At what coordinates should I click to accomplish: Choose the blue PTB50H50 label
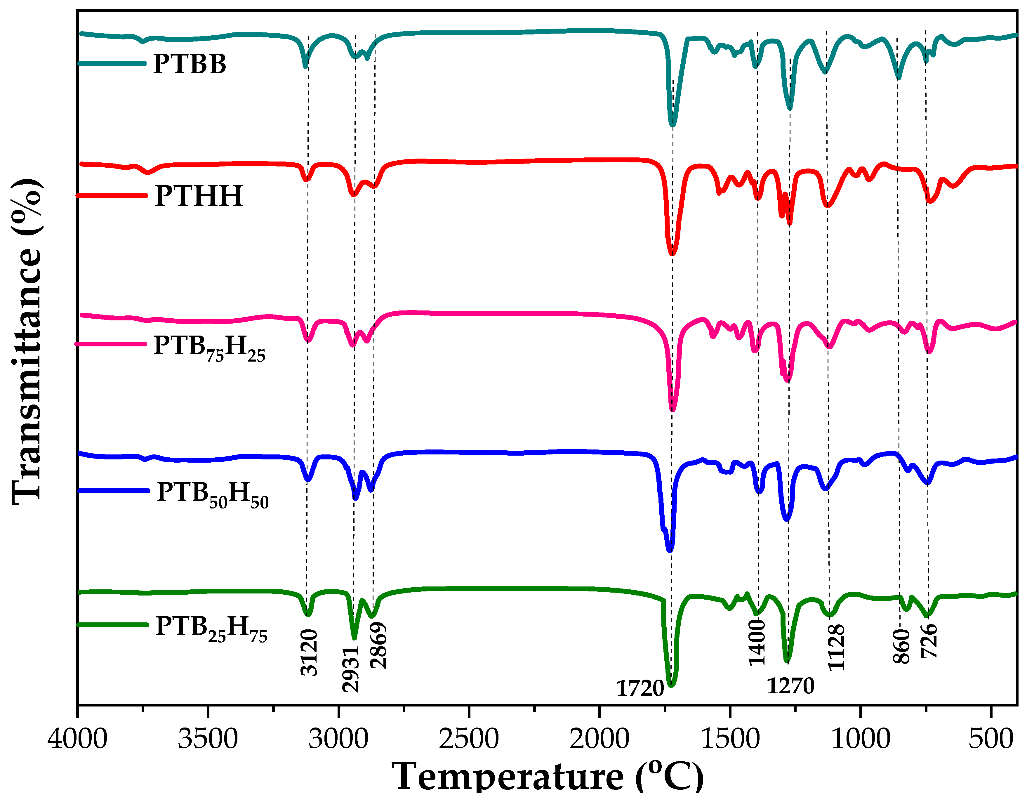coord(213,494)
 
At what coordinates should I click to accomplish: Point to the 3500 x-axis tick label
coord(208,739)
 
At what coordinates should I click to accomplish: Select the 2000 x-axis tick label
coord(599,739)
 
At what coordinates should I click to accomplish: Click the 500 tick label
coord(991,739)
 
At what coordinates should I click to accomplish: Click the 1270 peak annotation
coord(790,686)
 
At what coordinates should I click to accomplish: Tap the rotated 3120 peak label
coord(309,653)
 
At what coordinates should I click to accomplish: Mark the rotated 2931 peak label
coord(351,669)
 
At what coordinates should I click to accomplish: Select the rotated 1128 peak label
coord(836,647)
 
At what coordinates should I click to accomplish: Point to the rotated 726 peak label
coord(929,641)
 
